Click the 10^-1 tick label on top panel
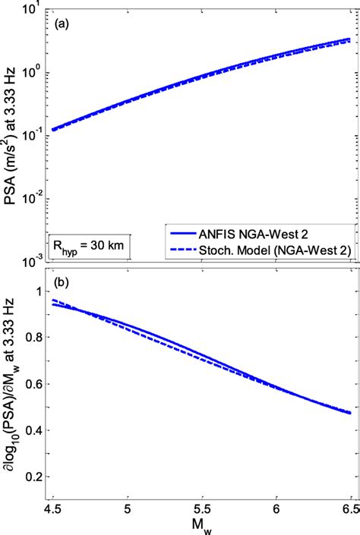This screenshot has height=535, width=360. click(x=31, y=136)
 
